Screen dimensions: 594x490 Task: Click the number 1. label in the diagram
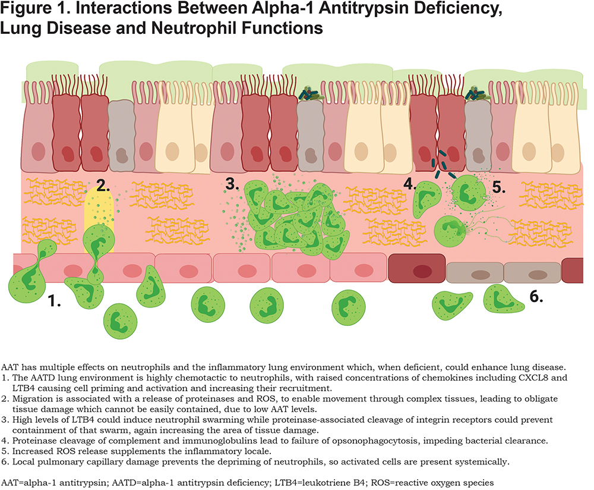54,301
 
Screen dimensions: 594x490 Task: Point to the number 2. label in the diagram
103,185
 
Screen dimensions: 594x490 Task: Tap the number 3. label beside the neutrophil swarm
232,184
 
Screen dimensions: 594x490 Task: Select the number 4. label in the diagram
409,184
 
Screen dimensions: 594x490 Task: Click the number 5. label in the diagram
498,187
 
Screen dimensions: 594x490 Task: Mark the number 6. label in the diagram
536,297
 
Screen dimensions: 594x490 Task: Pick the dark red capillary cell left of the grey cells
417,269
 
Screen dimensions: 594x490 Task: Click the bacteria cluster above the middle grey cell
311,95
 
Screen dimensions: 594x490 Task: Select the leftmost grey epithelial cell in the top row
121,136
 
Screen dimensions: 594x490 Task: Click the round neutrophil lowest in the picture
120,321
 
